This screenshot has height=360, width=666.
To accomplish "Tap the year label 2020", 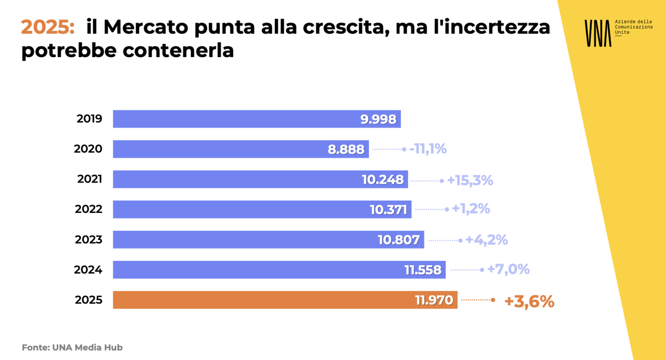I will click(88, 149).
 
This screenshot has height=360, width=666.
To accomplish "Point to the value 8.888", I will click(346, 149).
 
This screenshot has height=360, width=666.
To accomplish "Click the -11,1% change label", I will click(428, 149).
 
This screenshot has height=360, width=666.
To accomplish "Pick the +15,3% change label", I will click(470, 180).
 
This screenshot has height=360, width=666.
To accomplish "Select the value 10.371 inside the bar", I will click(389, 210).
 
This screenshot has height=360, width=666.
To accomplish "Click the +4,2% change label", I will click(486, 240).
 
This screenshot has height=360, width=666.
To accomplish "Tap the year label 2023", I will click(89, 240).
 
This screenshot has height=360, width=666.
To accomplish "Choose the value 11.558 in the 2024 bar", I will click(423, 270).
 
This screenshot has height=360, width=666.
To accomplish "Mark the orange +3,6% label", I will click(529, 301).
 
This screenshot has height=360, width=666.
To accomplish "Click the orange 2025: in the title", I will click(48, 27).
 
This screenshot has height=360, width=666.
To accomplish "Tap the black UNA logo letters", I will click(597, 33).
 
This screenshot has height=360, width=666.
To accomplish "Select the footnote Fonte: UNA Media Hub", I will click(72, 348).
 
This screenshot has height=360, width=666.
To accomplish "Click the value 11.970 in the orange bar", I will click(434, 301).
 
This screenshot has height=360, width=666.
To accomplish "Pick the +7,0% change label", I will click(508, 270).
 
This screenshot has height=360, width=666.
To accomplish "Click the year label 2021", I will click(89, 179).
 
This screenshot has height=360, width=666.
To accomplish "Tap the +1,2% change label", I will click(471, 209).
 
